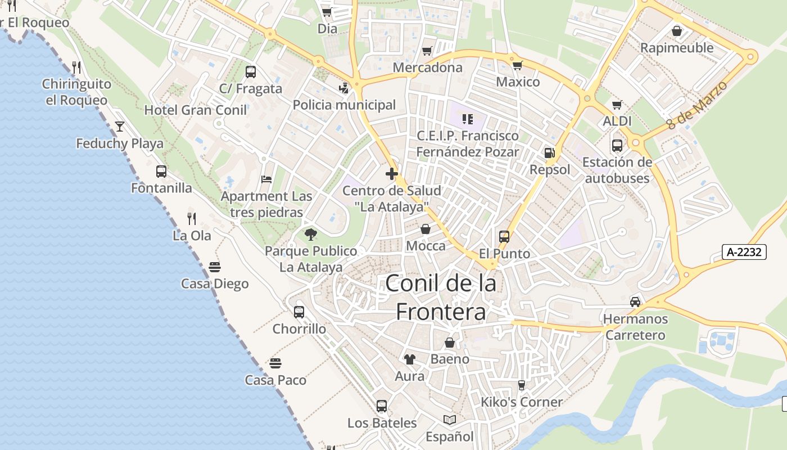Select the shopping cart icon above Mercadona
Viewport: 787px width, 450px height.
pos(427,51)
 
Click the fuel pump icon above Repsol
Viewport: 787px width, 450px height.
pos(549,152)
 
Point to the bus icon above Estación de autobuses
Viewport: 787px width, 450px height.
pos(617,146)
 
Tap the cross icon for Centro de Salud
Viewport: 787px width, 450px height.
pos(392,174)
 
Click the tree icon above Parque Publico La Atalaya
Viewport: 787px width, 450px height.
pos(310,235)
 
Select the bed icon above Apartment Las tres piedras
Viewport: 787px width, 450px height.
pos(266,179)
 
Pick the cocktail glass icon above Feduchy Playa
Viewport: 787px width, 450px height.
pos(120,126)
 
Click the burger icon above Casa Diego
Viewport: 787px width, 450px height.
pos(215,267)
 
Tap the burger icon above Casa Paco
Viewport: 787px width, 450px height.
pos(275,363)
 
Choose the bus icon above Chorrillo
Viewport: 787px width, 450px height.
pos(299,312)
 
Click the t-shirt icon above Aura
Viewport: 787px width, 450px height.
pos(409,359)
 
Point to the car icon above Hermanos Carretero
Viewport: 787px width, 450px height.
pos(635,302)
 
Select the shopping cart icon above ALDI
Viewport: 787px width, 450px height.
pos(617,105)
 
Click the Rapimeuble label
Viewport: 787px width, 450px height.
pos(677,48)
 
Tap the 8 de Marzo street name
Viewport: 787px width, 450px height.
pos(698,105)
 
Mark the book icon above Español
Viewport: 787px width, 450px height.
pos(449,420)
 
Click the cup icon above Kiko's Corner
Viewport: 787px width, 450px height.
pos(521,385)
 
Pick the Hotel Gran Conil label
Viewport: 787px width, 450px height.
pos(196,110)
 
